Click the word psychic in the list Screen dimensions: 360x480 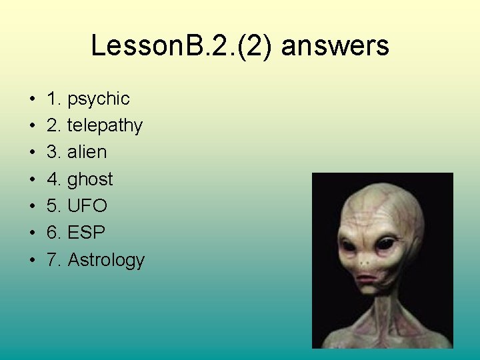point(99,99)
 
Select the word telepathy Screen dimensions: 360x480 point(105,126)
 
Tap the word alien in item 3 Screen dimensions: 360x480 point(87,152)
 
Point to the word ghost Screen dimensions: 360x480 point(91,180)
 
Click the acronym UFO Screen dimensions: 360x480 point(87,206)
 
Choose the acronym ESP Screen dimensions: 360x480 point(87,233)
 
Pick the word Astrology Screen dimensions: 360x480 point(106,260)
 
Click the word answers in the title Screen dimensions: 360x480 point(335,47)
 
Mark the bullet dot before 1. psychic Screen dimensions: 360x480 point(33,100)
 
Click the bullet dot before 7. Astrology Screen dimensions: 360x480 point(33,261)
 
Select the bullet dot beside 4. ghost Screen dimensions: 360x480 point(33,180)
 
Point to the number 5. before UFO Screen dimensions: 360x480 point(54,206)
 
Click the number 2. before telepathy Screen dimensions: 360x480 point(54,126)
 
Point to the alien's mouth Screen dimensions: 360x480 point(368,276)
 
